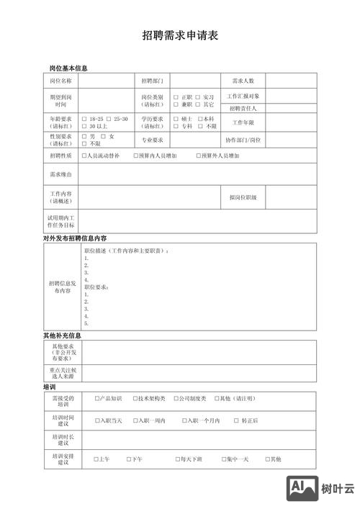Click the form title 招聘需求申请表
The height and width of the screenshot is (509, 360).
180,35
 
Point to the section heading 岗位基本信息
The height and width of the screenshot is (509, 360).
68,68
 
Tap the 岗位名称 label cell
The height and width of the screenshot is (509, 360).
61,81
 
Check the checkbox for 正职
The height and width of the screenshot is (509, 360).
176,97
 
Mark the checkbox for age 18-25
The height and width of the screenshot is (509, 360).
84,119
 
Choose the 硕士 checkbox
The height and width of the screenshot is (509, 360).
176,119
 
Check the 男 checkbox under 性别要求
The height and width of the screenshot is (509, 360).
84,136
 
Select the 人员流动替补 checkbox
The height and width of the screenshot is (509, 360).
84,156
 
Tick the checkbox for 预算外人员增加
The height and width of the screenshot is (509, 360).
199,156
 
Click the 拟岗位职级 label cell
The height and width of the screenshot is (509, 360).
243,197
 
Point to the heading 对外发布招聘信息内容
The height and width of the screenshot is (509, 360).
75,238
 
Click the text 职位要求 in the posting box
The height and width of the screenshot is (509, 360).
97,287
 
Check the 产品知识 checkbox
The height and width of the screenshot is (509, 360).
97,398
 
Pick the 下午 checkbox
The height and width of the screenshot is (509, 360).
129,459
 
